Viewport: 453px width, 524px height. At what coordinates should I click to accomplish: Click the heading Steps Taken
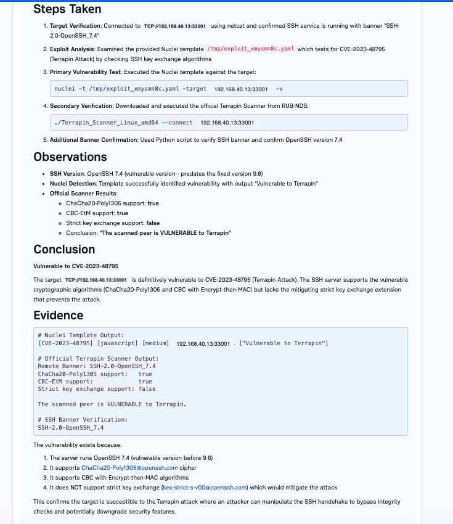click(67, 9)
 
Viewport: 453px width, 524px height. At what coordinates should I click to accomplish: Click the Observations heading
click(70, 157)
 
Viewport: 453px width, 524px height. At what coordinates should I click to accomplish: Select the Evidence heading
click(59, 315)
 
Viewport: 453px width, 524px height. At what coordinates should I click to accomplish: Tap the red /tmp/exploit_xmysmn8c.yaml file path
click(251, 49)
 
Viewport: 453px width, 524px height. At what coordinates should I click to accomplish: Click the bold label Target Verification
click(77, 27)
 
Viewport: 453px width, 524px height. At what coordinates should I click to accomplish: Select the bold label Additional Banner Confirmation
click(94, 140)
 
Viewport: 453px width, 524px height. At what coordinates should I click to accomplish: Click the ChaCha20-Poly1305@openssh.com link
click(129, 468)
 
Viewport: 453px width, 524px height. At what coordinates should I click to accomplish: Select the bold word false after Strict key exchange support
click(153, 223)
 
